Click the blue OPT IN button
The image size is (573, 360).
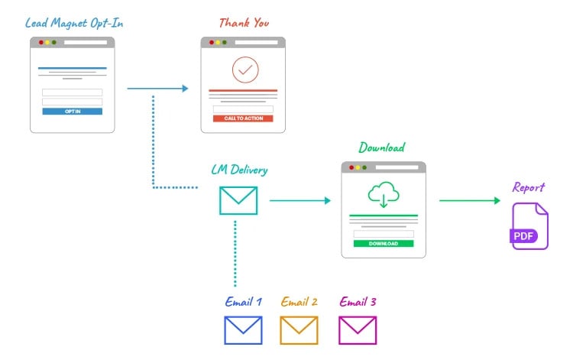click(72, 112)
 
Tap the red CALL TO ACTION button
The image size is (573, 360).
click(243, 118)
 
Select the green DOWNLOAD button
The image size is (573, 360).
click(384, 244)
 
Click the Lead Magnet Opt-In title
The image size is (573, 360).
click(74, 23)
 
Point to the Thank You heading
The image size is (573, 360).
click(244, 23)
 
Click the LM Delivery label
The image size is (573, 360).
click(239, 169)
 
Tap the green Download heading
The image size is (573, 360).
click(382, 148)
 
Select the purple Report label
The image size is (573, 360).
click(529, 187)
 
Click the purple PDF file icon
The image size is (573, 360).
click(529, 226)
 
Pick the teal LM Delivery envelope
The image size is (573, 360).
click(238, 200)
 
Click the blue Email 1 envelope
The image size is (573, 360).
click(243, 330)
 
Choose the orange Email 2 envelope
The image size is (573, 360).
click(299, 330)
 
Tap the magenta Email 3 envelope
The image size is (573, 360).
click(358, 330)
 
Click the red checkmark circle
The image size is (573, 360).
click(245, 70)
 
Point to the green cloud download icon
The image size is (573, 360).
click(384, 194)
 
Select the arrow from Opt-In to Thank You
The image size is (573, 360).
click(157, 89)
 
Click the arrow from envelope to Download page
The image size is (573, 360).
click(299, 201)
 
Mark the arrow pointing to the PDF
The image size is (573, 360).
click(470, 201)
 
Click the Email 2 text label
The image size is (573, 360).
click(299, 302)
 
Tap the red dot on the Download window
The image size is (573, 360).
click(351, 167)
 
